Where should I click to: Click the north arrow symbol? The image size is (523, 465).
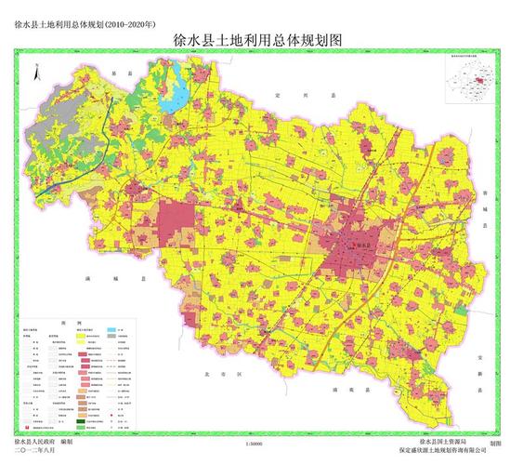point(35,72)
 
